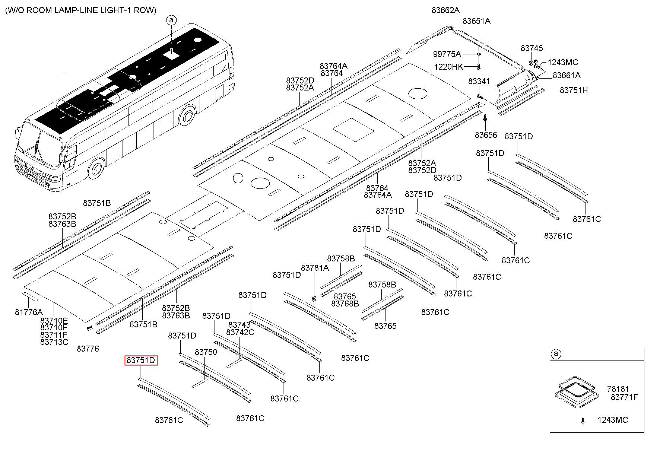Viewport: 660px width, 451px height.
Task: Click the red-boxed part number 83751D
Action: click(141, 361)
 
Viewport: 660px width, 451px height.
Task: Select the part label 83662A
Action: click(445, 10)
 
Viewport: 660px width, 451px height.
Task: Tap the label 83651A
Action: click(476, 21)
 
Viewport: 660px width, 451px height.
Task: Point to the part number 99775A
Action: click(447, 54)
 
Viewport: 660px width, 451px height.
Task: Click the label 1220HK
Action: click(448, 67)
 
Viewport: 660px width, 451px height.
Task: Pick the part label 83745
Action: click(532, 48)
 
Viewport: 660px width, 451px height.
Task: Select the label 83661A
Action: click(567, 76)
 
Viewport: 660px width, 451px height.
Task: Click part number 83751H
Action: click(574, 90)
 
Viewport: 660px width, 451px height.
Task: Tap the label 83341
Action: click(479, 82)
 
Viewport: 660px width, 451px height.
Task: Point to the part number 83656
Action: click(486, 135)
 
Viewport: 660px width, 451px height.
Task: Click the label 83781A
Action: click(315, 268)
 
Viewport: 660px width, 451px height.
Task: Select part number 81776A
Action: click(29, 312)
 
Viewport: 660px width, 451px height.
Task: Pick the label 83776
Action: click(88, 349)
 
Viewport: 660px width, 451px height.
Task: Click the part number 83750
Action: click(206, 352)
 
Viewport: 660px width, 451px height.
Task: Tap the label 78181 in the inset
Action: click(618, 389)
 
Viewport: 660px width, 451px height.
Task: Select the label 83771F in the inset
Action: click(624, 397)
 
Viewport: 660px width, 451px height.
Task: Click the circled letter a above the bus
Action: click(171, 20)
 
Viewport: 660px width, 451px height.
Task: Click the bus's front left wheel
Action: click(96, 169)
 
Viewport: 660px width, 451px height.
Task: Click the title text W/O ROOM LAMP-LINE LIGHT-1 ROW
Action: click(81, 10)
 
